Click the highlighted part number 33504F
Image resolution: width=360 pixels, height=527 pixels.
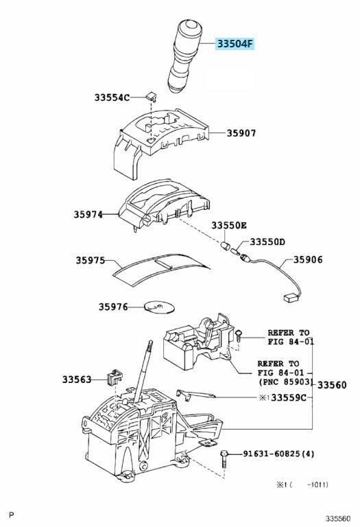pos(235,44)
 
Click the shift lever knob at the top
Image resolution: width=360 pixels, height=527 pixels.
pos(185,56)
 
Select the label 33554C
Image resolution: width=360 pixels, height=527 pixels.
pos(112,97)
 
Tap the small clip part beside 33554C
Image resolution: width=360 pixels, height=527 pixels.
pos(152,97)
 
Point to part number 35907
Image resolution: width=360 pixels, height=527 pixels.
pos(241,133)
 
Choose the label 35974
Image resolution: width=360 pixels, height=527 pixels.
pos(88,214)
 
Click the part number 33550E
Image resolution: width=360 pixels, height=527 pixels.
pos(229,225)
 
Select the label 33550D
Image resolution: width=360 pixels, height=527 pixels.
pos(267,242)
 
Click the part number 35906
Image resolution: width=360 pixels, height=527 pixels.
pos(308,259)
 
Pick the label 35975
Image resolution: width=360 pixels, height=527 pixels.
pos(90,260)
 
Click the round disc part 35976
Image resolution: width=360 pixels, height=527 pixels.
pos(159,307)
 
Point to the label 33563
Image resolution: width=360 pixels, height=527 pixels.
pos(77,379)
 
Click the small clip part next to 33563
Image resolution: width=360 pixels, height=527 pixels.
pos(114,377)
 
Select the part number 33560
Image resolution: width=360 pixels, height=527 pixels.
pos(332,385)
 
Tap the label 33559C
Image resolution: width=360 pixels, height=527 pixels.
pos(289,397)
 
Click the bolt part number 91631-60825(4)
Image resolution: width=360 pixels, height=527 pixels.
pos(278,454)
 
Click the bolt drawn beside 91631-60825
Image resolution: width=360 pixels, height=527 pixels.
pos(225,459)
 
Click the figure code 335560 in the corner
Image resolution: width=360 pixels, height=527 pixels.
pos(337,519)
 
